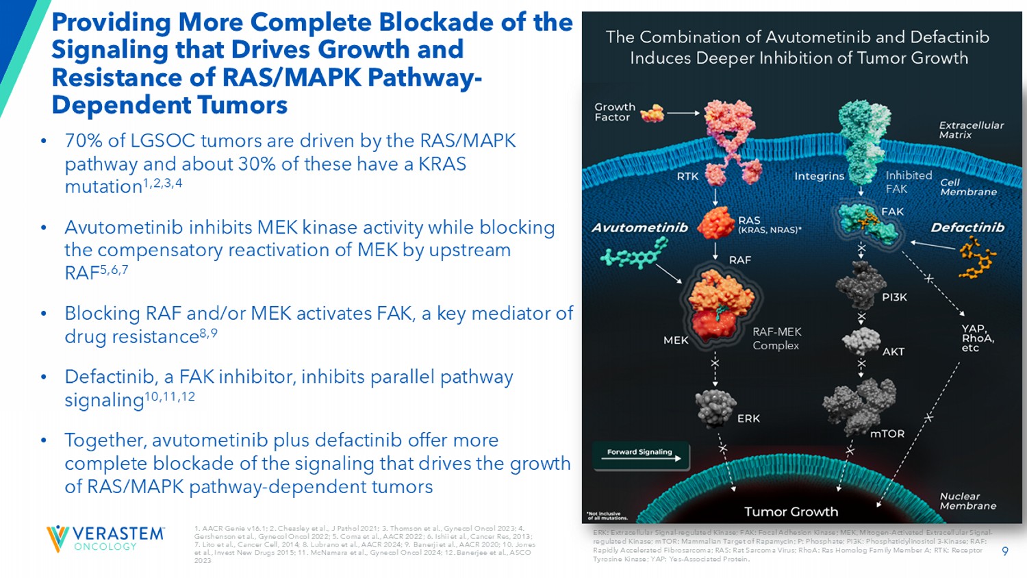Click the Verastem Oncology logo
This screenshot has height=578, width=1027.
click(105, 538)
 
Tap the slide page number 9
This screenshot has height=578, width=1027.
click(1004, 551)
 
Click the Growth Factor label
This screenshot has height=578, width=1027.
click(614, 112)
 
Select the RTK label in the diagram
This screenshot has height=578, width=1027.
click(687, 177)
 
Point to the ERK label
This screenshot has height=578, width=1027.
click(748, 418)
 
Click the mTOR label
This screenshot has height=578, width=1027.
click(887, 433)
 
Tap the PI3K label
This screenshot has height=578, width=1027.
click(894, 297)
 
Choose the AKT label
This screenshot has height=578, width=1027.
click(893, 351)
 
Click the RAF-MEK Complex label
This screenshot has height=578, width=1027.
click(776, 338)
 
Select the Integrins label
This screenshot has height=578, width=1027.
click(819, 177)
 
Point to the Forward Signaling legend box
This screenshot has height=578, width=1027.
click(640, 455)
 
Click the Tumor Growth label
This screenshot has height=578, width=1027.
click(791, 512)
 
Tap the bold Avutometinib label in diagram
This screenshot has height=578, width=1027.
click(639, 227)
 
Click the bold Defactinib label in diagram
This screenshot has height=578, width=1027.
click(967, 227)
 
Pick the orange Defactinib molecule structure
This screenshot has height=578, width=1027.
click(978, 260)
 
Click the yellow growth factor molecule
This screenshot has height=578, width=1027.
click(652, 113)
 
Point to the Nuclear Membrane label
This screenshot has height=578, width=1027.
click(967, 501)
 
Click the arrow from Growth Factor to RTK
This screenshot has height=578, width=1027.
click(683, 113)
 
